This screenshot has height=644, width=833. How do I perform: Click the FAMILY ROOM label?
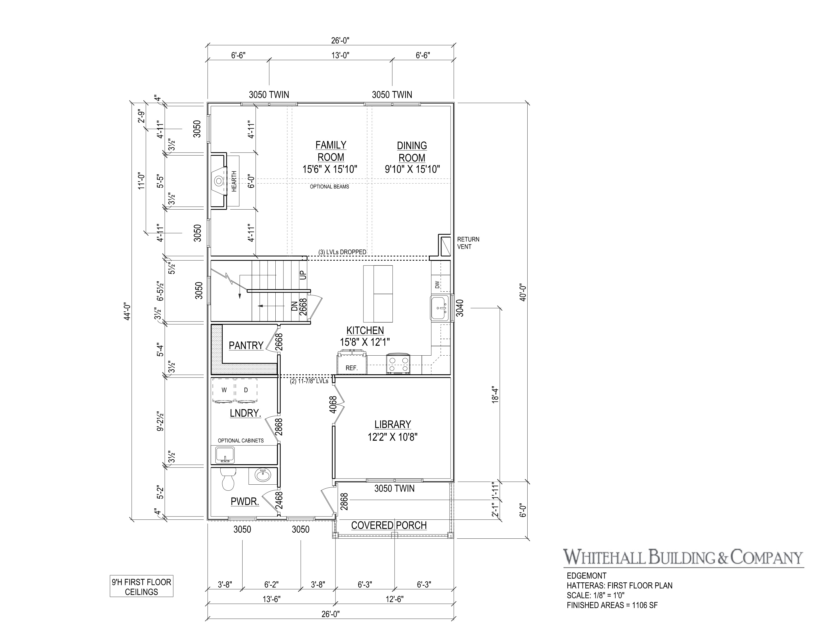pyautogui.click(x=331, y=151)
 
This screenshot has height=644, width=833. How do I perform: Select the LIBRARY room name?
pyautogui.click(x=393, y=424)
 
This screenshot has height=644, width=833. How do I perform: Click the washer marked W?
pyautogui.click(x=224, y=390)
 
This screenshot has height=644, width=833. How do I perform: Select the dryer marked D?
pyautogui.click(x=246, y=390)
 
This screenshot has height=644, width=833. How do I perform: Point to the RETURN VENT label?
pyautogui.click(x=468, y=243)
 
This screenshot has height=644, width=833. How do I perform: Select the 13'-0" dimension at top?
pyautogui.click(x=340, y=55)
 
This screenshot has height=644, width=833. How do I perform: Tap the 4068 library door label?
pyautogui.click(x=333, y=405)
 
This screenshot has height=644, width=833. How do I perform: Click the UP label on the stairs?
pyautogui.click(x=303, y=275)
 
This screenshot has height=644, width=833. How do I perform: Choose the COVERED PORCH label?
pyautogui.click(x=389, y=525)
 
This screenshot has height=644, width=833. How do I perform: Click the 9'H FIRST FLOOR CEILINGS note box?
pyautogui.click(x=142, y=587)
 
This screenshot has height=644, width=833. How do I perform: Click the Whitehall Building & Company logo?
pyautogui.click(x=684, y=557)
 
